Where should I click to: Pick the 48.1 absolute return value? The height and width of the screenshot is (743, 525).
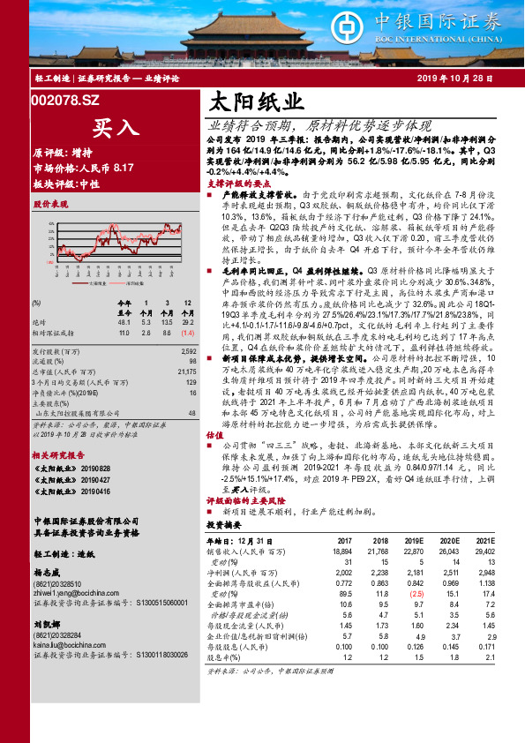(x=124, y=323)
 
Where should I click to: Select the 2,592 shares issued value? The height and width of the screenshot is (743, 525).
(x=184, y=351)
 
